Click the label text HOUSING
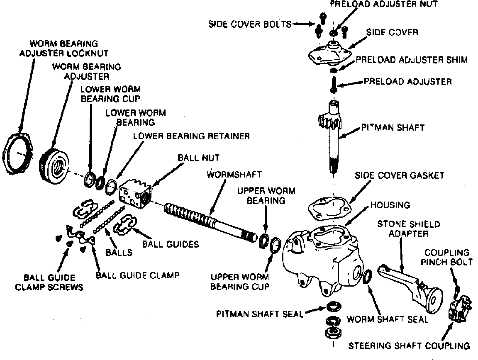click(390, 205)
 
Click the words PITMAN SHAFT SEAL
click(259, 314)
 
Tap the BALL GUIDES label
click(171, 244)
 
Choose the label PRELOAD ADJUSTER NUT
click(384, 5)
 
